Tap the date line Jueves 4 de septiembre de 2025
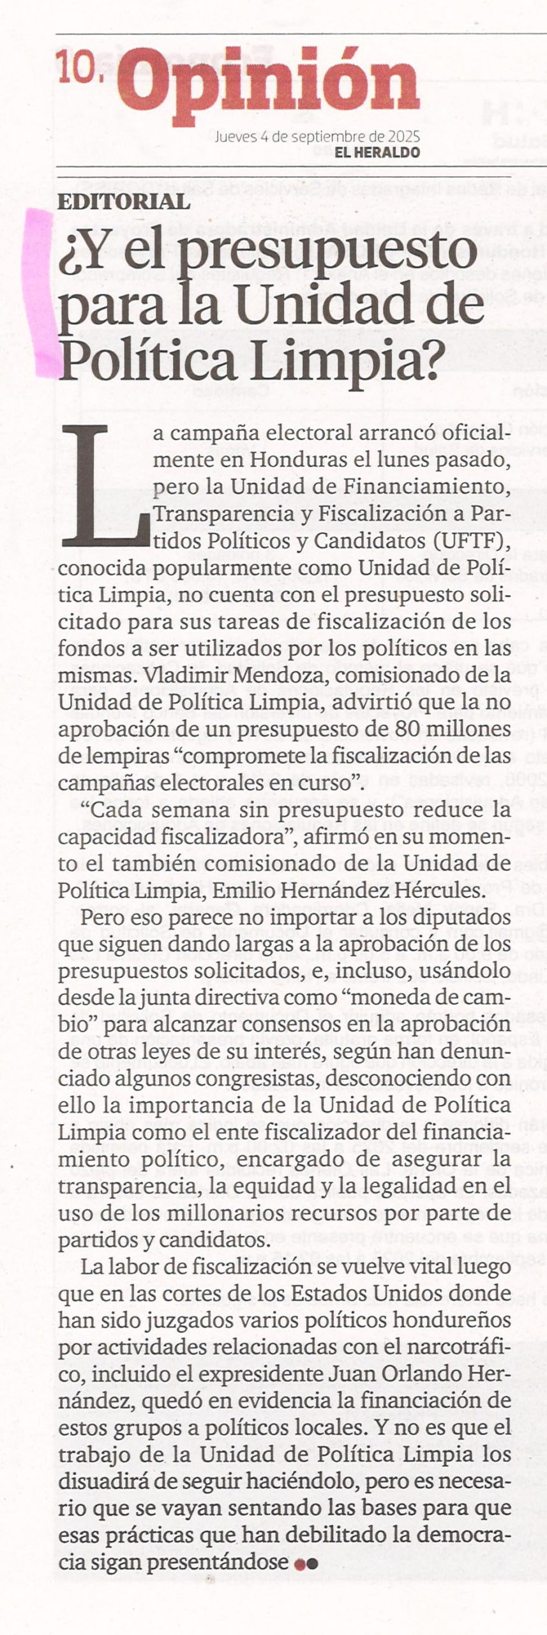(x=317, y=136)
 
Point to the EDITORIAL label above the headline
(x=124, y=202)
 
